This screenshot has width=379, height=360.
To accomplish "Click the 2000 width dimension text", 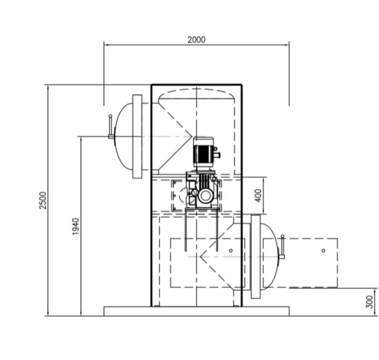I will pos(196,39).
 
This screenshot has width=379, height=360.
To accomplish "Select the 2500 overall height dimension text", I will pos(44,200).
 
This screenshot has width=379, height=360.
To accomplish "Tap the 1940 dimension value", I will pos(76,226).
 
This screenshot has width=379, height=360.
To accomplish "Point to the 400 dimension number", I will pos(258,195).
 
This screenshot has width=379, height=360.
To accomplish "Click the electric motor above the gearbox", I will pos(203,152).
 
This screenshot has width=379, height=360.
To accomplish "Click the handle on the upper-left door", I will pos(111,127).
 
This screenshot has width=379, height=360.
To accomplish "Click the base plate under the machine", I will pos(196,311).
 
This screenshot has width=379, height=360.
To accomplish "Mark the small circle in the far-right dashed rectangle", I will pos(323,250).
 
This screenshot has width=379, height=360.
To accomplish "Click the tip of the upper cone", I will pos(191,136).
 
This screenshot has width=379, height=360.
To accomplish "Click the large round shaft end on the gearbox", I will pos(205,195).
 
